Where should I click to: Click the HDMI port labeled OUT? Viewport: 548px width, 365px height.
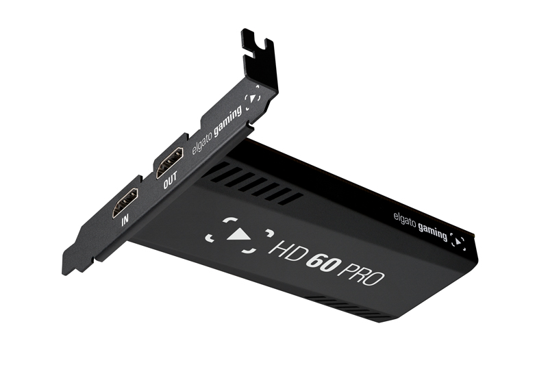click(170, 162)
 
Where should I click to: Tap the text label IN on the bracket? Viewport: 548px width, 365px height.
click(125, 222)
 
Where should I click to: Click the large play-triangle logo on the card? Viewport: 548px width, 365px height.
click(240, 233)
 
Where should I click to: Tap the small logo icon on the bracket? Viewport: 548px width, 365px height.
click(253, 97)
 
